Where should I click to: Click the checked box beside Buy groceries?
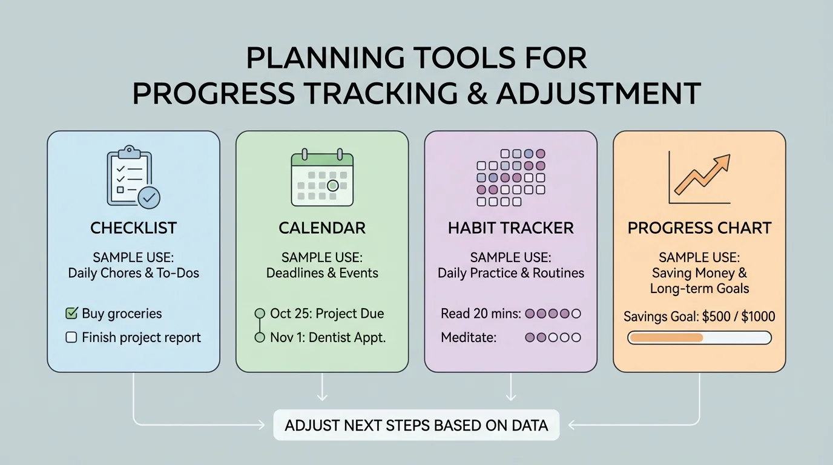click(x=71, y=314)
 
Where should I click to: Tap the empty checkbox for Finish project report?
click(x=71, y=338)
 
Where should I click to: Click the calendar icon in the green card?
click(x=322, y=176)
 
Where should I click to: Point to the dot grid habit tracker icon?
click(x=511, y=177)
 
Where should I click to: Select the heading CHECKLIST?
click(x=133, y=228)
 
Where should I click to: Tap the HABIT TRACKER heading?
click(x=511, y=228)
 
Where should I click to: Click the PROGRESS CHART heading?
click(x=699, y=228)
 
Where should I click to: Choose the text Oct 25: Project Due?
click(x=327, y=314)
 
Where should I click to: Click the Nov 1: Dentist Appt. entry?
click(x=328, y=338)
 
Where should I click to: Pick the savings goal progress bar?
click(x=699, y=337)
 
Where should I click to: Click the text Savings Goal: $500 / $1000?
click(x=699, y=316)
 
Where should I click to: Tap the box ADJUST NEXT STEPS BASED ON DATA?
click(x=416, y=425)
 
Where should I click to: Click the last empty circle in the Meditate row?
click(x=576, y=338)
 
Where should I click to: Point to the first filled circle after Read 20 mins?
click(x=530, y=314)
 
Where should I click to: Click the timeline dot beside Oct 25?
click(x=260, y=314)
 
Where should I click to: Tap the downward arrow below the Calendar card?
click(x=322, y=387)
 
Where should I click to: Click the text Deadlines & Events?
click(x=322, y=273)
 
